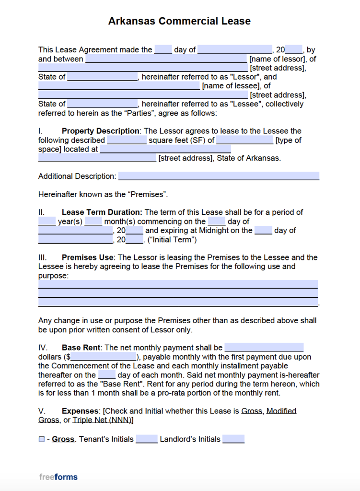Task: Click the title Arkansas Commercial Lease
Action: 179,21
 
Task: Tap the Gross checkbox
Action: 42,439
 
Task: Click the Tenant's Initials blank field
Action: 147,439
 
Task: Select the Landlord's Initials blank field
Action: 233,439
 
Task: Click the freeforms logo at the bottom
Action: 58,477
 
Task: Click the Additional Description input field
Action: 219,176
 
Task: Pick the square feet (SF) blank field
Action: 127,140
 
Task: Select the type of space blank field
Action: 244,140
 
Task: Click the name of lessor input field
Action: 166,59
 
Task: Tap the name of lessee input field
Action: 119,86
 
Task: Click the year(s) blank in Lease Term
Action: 47,222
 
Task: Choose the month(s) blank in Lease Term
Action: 93,222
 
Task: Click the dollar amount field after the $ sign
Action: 104,357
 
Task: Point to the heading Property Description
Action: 100,131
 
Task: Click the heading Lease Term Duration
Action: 102,212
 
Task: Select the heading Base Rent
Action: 81,348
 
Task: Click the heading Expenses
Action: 81,411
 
